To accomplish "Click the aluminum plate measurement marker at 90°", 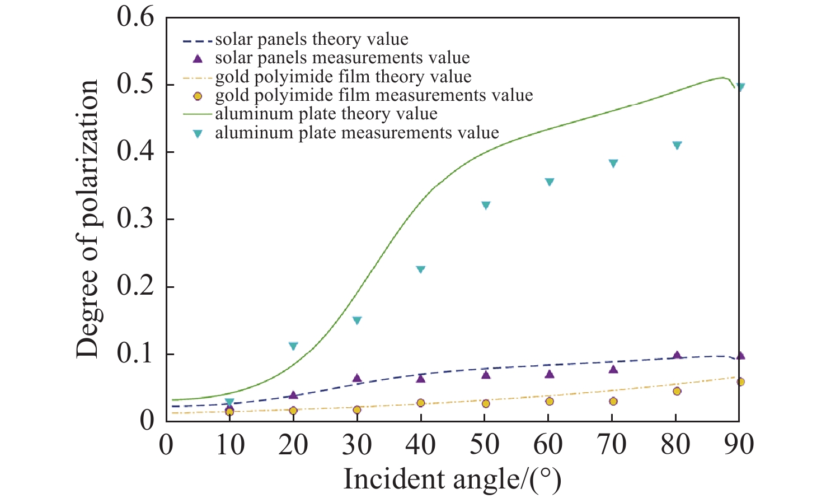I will pos(740,87).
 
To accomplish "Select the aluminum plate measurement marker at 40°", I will pos(421,269).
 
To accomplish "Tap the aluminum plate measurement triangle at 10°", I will pos(229,402).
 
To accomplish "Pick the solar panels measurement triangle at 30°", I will pos(357,379).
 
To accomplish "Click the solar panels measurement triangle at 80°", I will pos(677,356).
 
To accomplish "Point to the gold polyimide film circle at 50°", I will pos(485,403).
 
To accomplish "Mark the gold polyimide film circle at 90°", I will pos(740,382).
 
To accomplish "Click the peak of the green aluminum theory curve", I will pos(722,77).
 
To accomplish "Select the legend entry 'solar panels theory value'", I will pos(311,39).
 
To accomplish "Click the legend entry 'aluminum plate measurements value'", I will pos(356,133).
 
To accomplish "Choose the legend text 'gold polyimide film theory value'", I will pos(343,77).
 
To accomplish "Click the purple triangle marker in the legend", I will pos(197,58).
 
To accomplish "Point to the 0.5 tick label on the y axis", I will pos(135,85).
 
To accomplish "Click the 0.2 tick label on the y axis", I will pos(135,286).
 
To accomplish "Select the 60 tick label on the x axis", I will pos(548,444).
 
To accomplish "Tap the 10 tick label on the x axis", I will pos(230,444).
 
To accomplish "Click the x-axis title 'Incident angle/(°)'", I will pos(452,480).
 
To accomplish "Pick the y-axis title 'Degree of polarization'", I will pos(88,218).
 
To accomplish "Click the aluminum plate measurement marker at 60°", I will pos(549,182).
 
